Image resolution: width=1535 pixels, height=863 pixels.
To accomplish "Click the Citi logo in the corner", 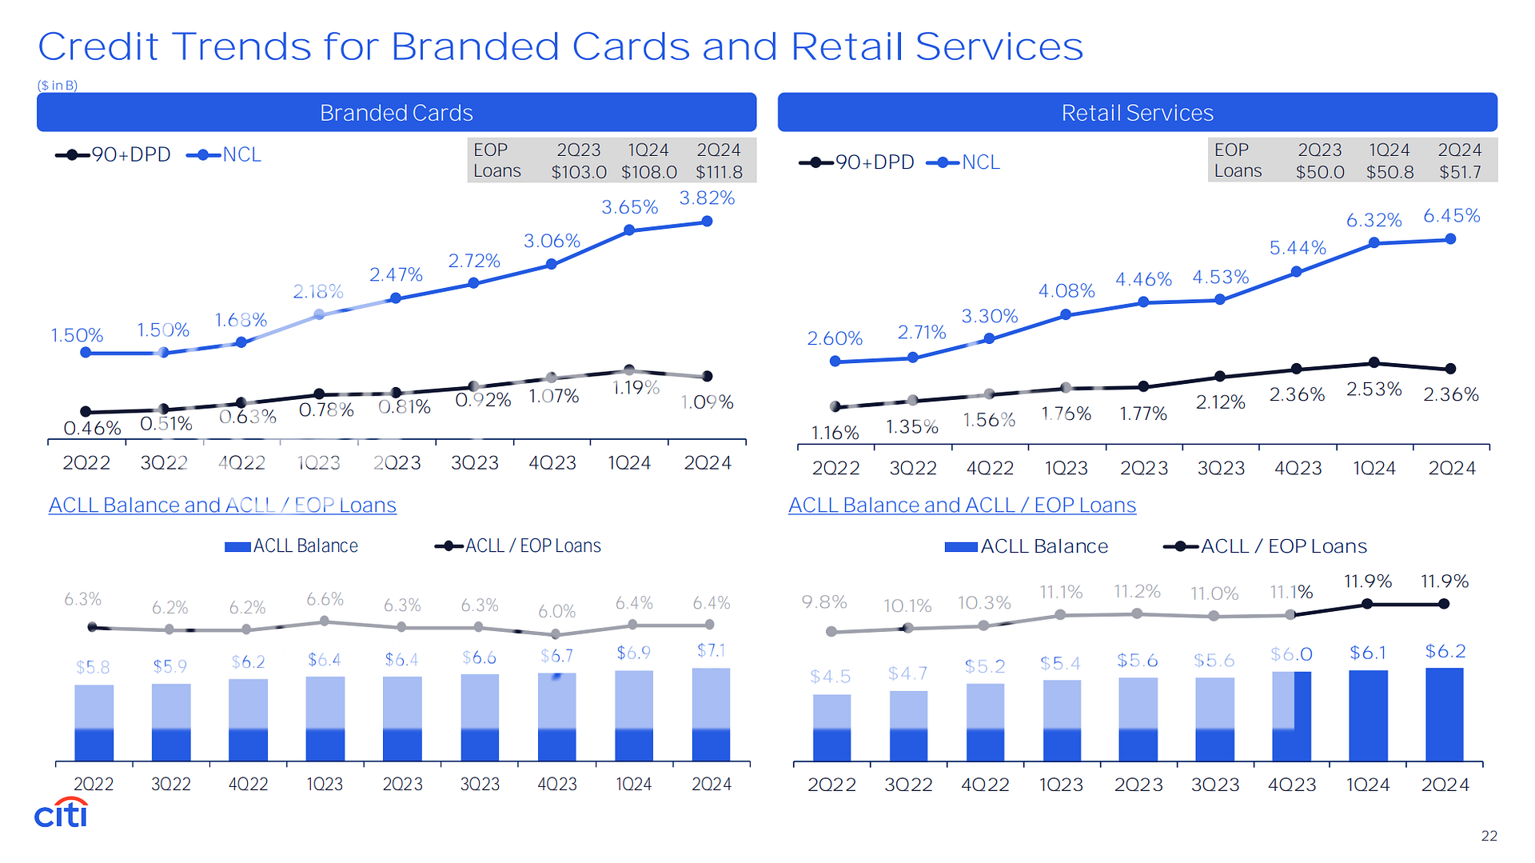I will pos(61,813).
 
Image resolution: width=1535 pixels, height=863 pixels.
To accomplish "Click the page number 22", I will pos(1489,836).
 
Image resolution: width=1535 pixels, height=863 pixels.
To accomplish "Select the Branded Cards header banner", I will pos(397,113).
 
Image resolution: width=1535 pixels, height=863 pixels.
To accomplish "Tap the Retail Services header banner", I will pos(1137,113).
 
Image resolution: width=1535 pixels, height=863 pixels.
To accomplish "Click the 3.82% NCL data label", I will pos(707,198).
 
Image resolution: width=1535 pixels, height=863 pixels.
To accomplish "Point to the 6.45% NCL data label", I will pos(1451,216).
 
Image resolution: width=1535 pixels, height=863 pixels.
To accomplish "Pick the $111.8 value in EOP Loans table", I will pos(719,172).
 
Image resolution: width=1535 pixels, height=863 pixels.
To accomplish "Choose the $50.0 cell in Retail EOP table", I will pos(1320,172).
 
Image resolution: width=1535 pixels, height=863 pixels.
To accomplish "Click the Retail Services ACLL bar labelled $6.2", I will pos(1445,713).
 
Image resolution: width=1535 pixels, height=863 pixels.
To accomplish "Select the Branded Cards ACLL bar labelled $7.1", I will pos(711,713).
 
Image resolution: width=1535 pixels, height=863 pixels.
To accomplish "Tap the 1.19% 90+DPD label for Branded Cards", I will pos(636,389).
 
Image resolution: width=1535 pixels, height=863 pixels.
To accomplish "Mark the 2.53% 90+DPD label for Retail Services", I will pos(1374,390).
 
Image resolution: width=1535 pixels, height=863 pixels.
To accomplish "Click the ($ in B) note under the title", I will pos(58,86).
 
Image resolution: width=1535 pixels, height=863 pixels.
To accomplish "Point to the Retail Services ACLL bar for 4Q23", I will pos(1291,716).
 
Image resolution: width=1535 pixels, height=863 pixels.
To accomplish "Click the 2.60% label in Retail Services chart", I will pos(835,338).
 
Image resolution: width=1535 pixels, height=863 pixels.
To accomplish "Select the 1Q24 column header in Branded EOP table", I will pos(648,150).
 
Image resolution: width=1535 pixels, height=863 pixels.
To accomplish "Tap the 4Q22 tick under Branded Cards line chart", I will pos(241,463).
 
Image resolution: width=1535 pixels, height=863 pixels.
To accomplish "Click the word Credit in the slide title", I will pos(98,46).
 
